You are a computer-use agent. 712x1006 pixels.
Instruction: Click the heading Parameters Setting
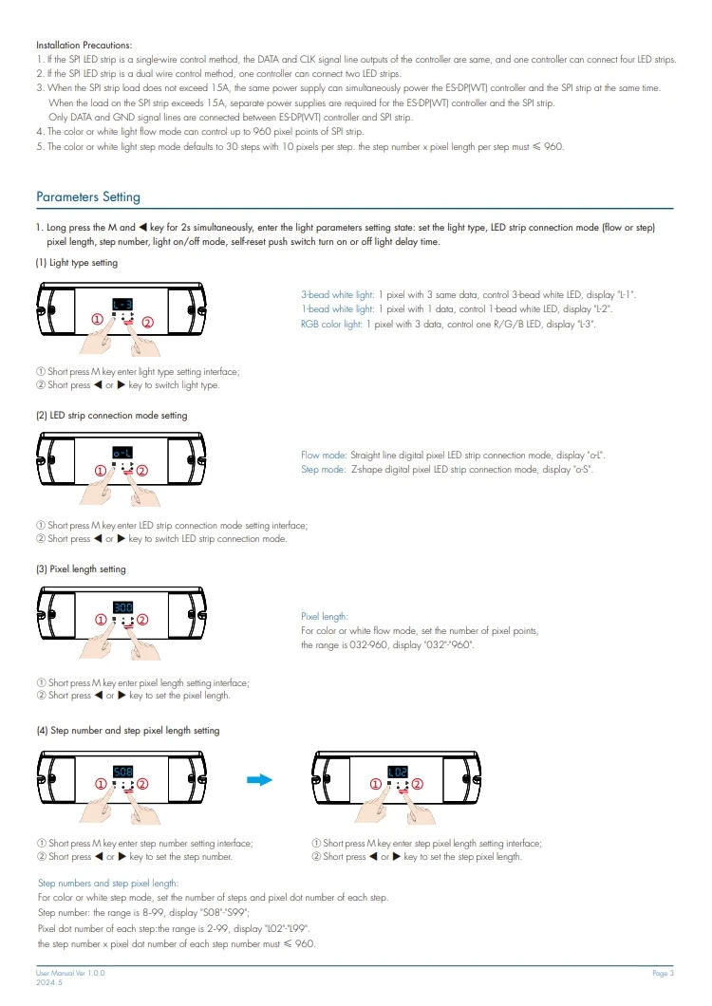[88, 197]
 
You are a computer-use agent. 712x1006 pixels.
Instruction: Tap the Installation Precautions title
[84, 45]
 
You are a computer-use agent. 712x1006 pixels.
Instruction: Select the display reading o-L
[122, 455]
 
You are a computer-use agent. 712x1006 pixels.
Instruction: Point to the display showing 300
[122, 607]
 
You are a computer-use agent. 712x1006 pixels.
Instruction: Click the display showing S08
[122, 771]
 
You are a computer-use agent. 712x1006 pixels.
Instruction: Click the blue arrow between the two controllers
[259, 780]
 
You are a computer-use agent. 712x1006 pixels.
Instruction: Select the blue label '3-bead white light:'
[338, 296]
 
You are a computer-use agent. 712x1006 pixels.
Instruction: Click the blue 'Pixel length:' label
[325, 616]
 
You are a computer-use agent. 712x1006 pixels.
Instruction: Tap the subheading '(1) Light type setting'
[77, 263]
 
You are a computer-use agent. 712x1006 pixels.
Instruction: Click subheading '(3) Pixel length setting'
[81, 569]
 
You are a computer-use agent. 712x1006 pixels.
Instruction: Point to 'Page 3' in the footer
[663, 974]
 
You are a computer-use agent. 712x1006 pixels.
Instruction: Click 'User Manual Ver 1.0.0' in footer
[70, 974]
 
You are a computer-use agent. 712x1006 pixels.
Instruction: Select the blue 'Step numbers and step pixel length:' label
[107, 883]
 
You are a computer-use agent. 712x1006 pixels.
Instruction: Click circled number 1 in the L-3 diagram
[98, 320]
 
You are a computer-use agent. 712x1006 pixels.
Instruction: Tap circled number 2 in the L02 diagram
[416, 784]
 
